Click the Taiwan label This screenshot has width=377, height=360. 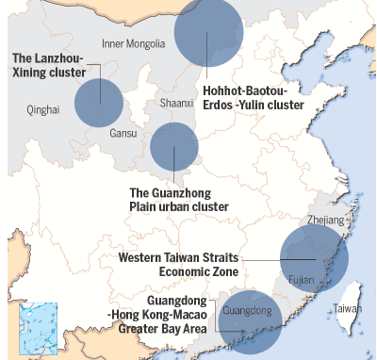point(348,308)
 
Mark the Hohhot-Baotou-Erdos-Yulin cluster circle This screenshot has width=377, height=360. point(208,31)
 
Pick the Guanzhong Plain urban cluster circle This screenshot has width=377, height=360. point(174,147)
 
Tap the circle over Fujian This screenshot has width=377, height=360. point(314,258)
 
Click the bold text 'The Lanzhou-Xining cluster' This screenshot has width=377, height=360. point(47,65)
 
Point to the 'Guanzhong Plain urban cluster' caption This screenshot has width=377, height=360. point(179,200)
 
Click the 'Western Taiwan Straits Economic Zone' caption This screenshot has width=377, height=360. point(179,264)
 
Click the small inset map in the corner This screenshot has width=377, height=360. point(39,328)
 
